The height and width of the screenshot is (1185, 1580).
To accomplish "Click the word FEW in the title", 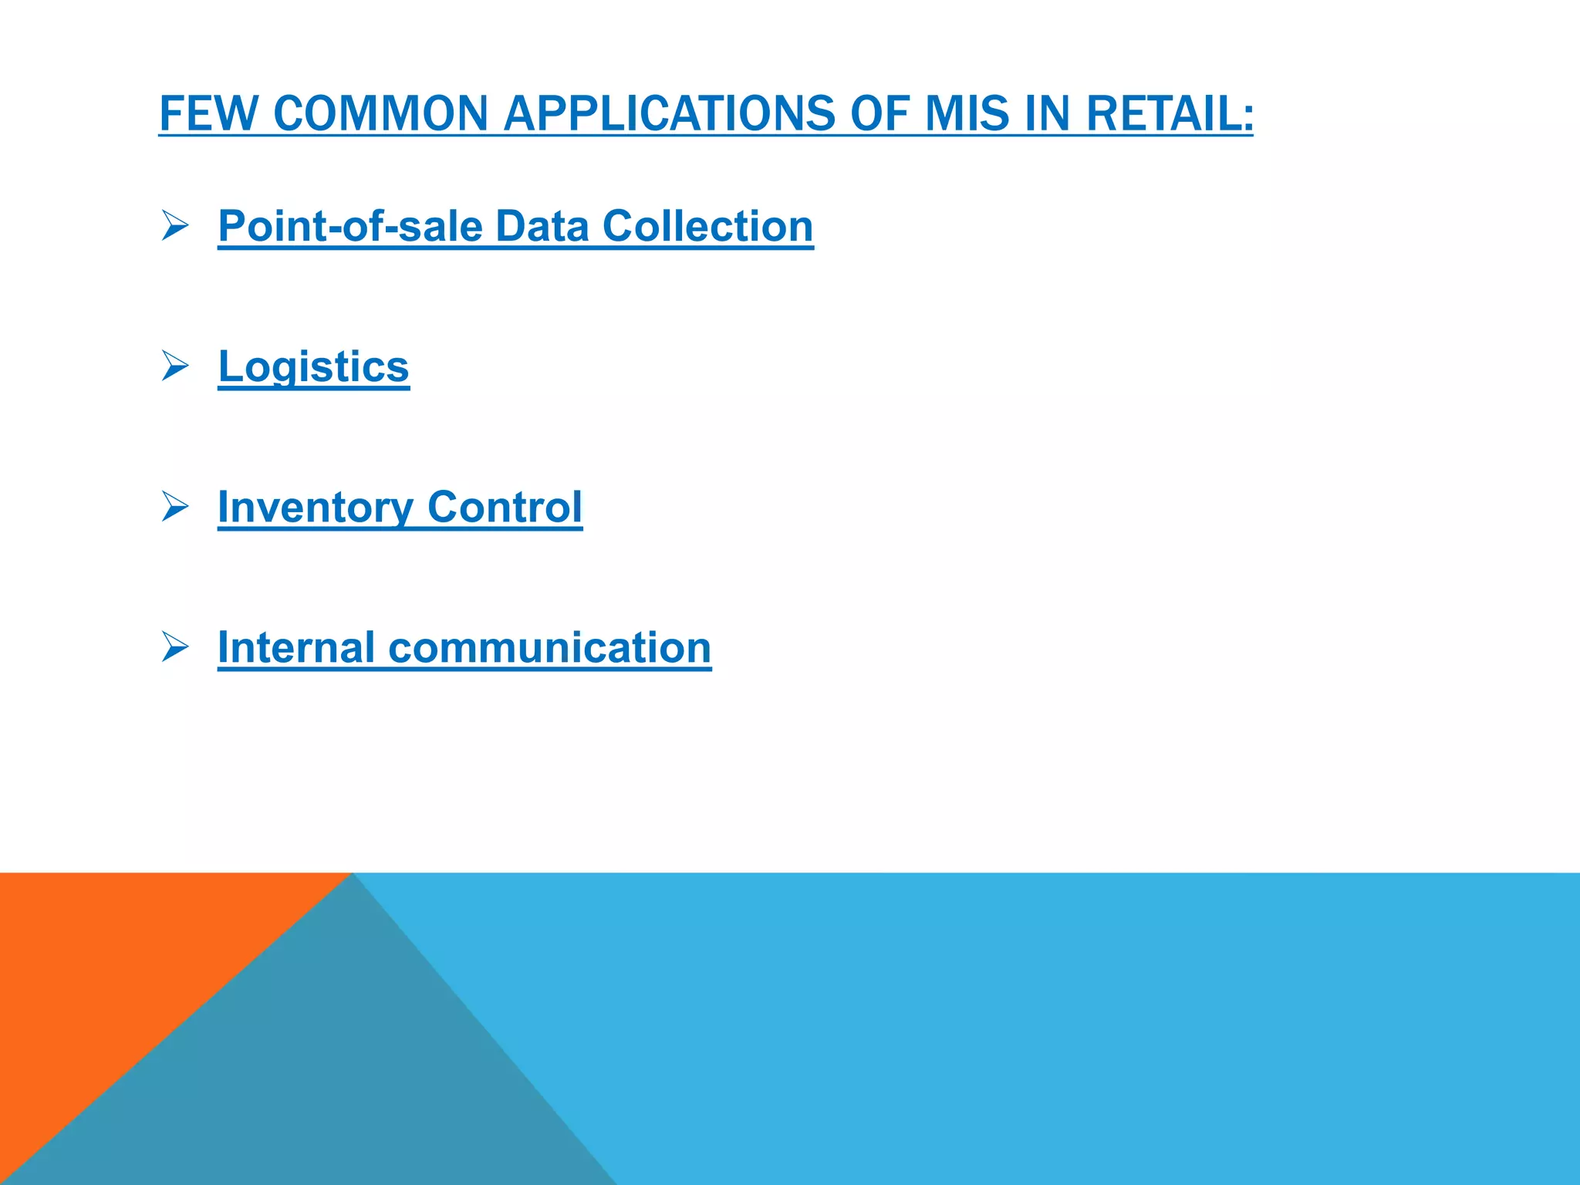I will (208, 113).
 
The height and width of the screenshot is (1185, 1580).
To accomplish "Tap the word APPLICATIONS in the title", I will (669, 113).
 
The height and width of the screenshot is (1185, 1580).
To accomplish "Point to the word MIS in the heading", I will (966, 113).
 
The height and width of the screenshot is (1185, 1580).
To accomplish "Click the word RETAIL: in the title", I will (1170, 113).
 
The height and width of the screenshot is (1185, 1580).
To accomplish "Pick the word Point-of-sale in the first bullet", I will (350, 227).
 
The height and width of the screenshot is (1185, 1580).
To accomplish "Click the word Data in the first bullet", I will (542, 227).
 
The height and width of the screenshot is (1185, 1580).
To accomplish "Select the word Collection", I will (707, 227).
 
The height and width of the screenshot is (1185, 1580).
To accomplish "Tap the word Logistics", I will (313, 367).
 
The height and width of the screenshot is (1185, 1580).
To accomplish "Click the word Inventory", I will (316, 508).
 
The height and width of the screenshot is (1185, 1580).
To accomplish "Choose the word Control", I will (505, 508).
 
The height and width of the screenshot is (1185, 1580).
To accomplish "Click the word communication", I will (549, 647).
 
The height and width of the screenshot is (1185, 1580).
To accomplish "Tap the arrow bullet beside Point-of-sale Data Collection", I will (175, 226).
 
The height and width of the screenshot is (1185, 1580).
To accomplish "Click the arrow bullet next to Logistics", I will (175, 366).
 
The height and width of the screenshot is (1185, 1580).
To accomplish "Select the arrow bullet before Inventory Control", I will (175, 506).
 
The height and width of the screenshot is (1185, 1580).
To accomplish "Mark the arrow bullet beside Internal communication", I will (175, 647).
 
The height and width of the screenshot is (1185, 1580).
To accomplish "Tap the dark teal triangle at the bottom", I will (347, 1080).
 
